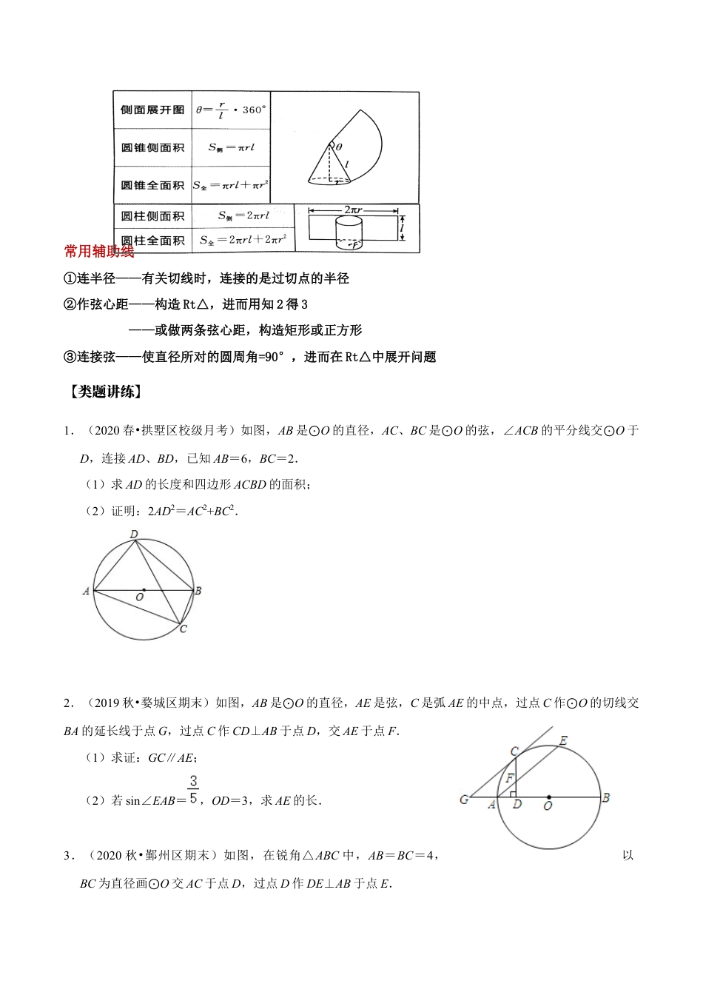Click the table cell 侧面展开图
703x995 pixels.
pyautogui.click(x=152, y=110)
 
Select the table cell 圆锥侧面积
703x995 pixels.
pyautogui.click(x=152, y=147)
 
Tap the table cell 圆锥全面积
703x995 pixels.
pyautogui.click(x=152, y=185)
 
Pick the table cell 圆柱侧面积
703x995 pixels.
pyautogui.click(x=152, y=216)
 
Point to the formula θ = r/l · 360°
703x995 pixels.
pyautogui.click(x=231, y=110)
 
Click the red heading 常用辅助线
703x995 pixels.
pyautogui.click(x=99, y=252)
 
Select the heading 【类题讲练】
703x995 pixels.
pyautogui.click(x=104, y=392)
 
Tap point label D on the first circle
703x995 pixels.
pyautogui.click(x=134, y=534)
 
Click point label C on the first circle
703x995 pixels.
pyautogui.click(x=184, y=629)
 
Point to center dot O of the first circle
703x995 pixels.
pyautogui.click(x=143, y=590)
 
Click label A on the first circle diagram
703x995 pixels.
pyautogui.click(x=87, y=591)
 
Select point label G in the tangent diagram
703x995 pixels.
pyautogui.click(x=464, y=800)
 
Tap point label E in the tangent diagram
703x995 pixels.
pyautogui.click(x=563, y=740)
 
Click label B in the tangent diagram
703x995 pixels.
pyautogui.click(x=605, y=797)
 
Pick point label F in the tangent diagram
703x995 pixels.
pyautogui.click(x=509, y=779)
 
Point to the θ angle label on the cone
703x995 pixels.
pyautogui.click(x=339, y=147)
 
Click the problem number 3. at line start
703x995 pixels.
pyautogui.click(x=69, y=857)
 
